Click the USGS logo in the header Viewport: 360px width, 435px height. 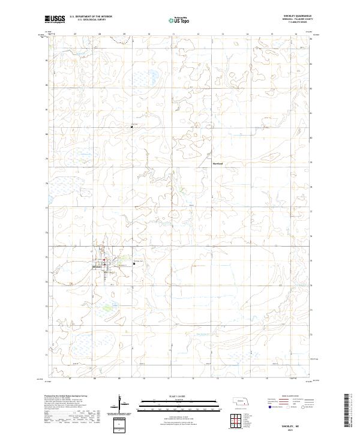(x=55, y=20)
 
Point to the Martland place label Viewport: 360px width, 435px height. (x=217, y=162)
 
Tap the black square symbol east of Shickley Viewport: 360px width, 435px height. (x=133, y=264)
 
